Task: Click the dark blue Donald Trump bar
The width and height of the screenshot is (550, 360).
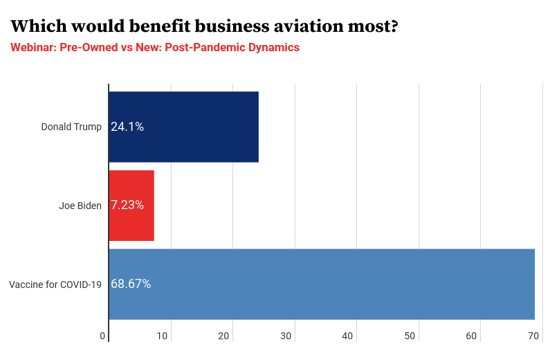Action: pyautogui.click(x=183, y=127)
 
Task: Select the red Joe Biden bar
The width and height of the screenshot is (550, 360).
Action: pyautogui.click(x=131, y=205)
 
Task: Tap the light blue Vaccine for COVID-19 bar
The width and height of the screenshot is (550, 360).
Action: pyautogui.click(x=322, y=284)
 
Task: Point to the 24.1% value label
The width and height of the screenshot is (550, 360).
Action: pyautogui.click(x=127, y=127)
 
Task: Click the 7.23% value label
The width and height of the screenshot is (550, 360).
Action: pyautogui.click(x=127, y=205)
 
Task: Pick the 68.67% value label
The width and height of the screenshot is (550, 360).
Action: pyautogui.click(x=131, y=284)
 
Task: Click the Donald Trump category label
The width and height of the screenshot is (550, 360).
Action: pyautogui.click(x=71, y=127)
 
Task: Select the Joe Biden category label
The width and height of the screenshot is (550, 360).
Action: pyautogui.click(x=80, y=206)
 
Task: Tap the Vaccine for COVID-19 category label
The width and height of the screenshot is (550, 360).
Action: pyautogui.click(x=55, y=285)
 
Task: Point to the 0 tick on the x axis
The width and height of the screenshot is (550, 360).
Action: pyautogui.click(x=102, y=336)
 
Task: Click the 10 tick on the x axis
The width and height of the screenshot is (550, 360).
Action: pyautogui.click(x=162, y=336)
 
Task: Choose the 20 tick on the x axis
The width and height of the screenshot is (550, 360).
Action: pyautogui.click(x=223, y=336)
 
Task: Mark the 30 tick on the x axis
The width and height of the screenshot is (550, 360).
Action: pyautogui.click(x=286, y=336)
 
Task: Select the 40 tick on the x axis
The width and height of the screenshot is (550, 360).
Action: pyautogui.click(x=347, y=336)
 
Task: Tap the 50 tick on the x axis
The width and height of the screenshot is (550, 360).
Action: pyautogui.click(x=410, y=336)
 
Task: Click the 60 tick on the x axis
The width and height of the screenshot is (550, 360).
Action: pyautogui.click(x=471, y=336)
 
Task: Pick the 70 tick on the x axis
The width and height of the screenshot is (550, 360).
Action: pyautogui.click(x=533, y=336)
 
